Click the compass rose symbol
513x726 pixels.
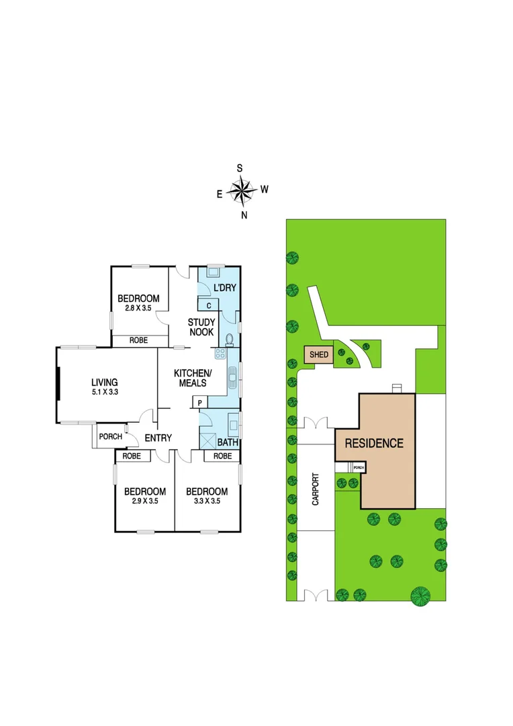pos(241,191)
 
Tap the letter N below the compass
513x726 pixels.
pos(244,215)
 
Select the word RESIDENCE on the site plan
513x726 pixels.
pos(374,443)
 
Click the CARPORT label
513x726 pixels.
pos(315,491)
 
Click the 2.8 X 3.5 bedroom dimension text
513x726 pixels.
pos(138,308)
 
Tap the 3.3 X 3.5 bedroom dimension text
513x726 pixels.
pos(206,500)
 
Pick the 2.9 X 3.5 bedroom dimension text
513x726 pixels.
pos(144,500)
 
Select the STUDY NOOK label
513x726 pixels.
pos(201,327)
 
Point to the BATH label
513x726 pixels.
pos(228,443)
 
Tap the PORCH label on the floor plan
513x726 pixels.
pos(111,436)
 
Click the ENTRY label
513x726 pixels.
pos(158,438)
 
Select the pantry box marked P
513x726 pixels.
pos(200,403)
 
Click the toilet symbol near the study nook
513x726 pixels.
pos(230,339)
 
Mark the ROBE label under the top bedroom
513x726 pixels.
pos(139,341)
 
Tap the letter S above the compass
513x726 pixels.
pos(239,168)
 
